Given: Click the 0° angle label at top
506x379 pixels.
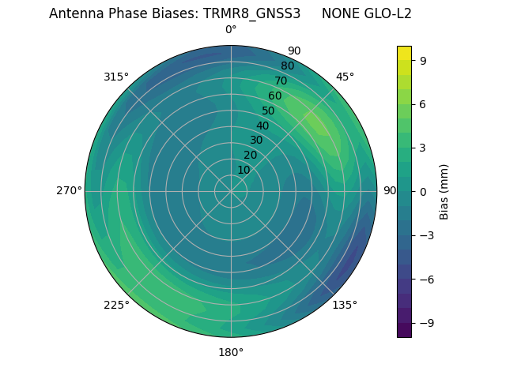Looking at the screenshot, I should (231, 30).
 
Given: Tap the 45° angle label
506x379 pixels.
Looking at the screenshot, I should (346, 77).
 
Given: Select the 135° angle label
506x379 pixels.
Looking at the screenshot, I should (345, 305).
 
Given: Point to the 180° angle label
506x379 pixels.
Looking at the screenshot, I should (231, 352).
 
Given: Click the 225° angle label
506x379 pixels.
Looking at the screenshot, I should (116, 306).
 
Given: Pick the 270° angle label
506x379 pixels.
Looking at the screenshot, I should (69, 190).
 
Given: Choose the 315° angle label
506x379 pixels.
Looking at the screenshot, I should (116, 77).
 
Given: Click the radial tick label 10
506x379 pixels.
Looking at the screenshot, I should (244, 170).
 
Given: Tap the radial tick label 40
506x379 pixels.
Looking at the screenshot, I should (262, 126).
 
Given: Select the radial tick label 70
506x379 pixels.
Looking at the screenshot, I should (281, 81).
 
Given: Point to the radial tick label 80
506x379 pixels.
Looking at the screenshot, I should (287, 66).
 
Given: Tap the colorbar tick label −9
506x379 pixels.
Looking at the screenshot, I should (426, 323).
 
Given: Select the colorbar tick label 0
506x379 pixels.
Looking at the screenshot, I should (422, 191).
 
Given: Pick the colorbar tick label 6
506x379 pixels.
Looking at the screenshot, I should (422, 103).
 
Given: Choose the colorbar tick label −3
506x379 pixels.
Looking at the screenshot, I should (426, 235).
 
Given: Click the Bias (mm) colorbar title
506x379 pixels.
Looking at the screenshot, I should (444, 191).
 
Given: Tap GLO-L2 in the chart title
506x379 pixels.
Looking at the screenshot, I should (389, 13).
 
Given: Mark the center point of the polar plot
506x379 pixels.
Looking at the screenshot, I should (231, 191).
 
